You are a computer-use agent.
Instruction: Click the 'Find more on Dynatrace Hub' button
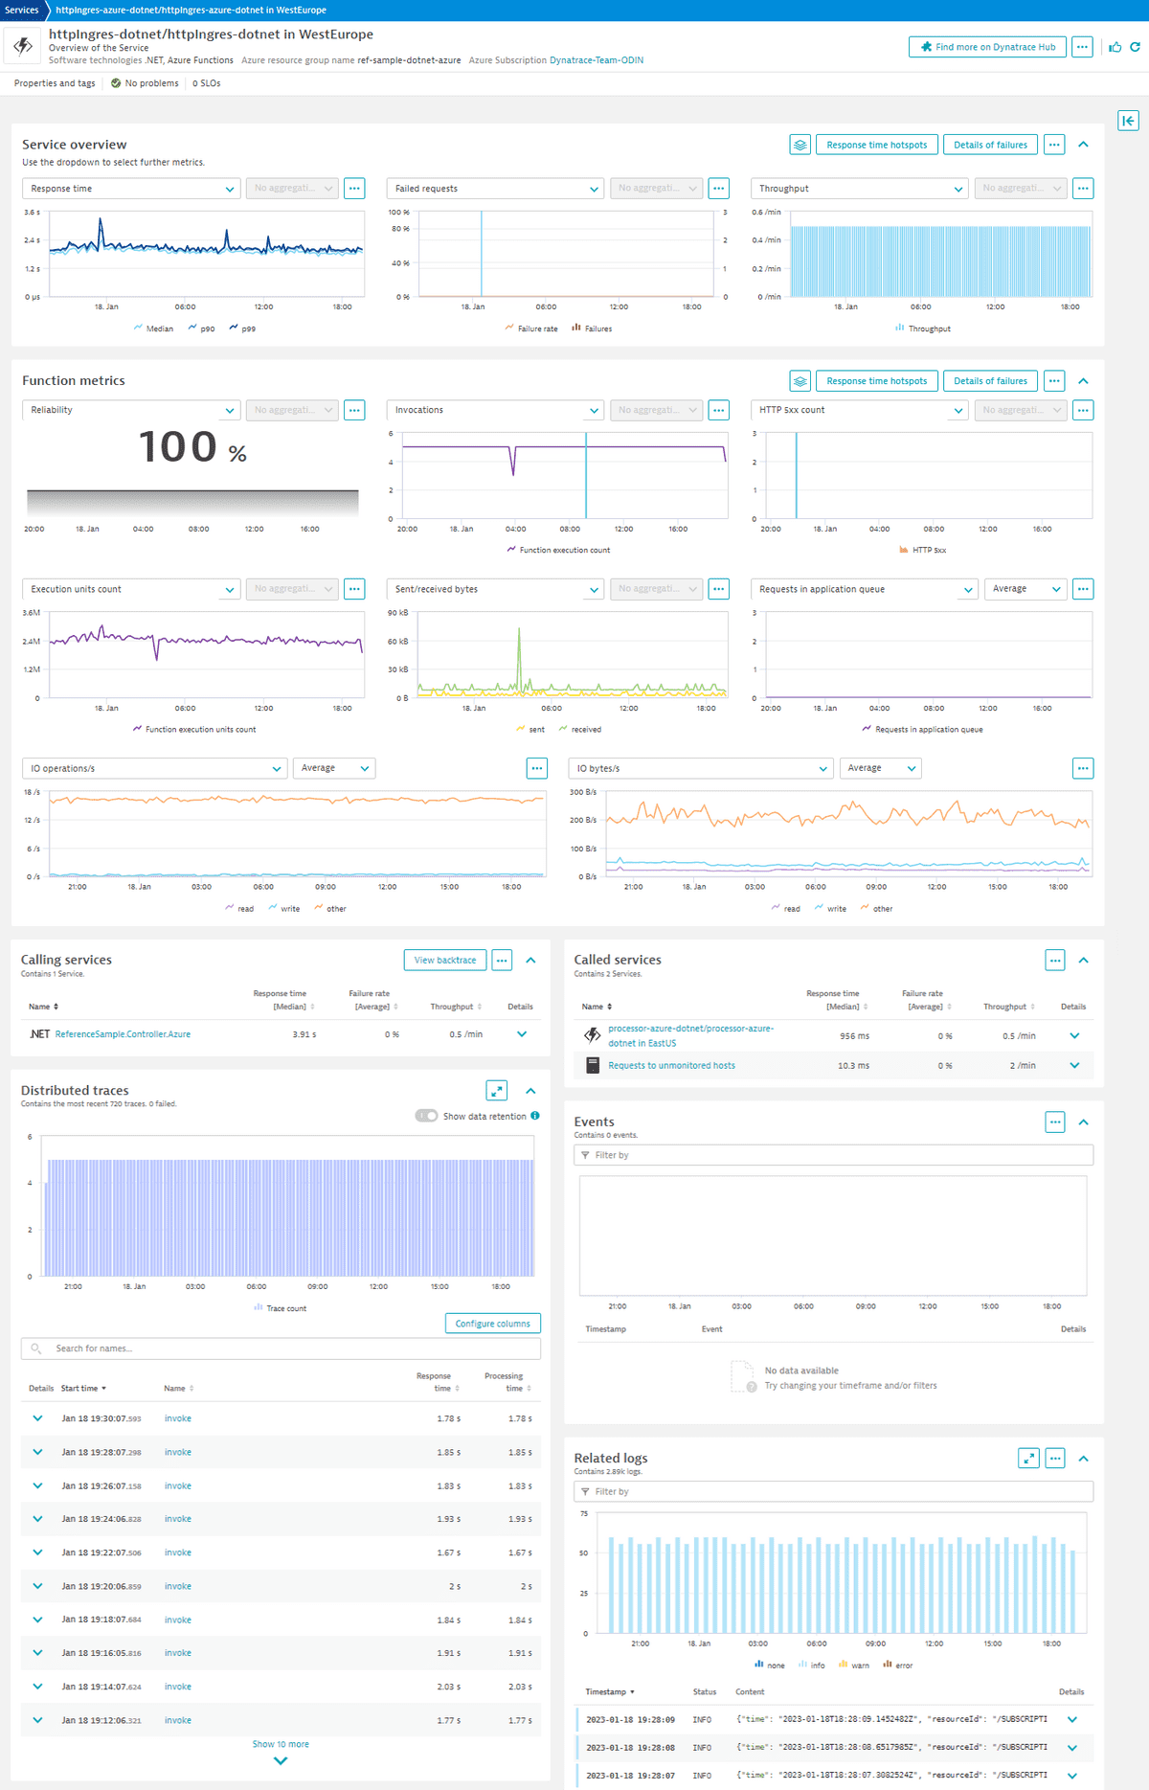987,47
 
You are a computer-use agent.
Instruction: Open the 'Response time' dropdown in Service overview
130,189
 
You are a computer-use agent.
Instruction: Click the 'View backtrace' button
444,960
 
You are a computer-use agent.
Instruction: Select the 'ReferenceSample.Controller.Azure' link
123,1034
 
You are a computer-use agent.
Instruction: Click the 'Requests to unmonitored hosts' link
671,1065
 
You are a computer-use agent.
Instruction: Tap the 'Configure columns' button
492,1324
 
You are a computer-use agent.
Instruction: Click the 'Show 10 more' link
281,1744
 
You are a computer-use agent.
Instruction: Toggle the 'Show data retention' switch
426,1116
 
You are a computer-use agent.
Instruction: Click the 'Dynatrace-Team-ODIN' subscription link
597,60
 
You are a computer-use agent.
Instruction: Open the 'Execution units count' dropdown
130,589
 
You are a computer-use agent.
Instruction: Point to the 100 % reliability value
192,447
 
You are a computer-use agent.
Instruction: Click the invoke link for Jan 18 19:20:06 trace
177,1586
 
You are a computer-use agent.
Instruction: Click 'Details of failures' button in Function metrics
990,381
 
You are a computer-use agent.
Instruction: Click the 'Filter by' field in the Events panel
833,1155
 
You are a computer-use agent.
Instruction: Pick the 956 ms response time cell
854,1036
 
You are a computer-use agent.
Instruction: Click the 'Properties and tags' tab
55,83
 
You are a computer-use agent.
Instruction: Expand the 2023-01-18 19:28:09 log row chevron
1071,1719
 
